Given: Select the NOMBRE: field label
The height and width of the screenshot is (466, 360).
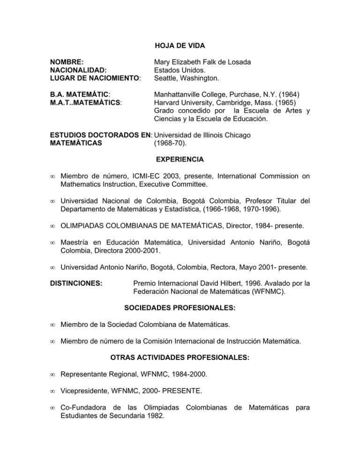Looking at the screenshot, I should click(67, 61).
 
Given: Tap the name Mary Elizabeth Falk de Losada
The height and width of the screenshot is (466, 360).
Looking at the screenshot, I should click(204, 61).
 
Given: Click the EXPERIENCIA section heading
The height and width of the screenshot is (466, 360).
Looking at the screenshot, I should click(180, 159).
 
